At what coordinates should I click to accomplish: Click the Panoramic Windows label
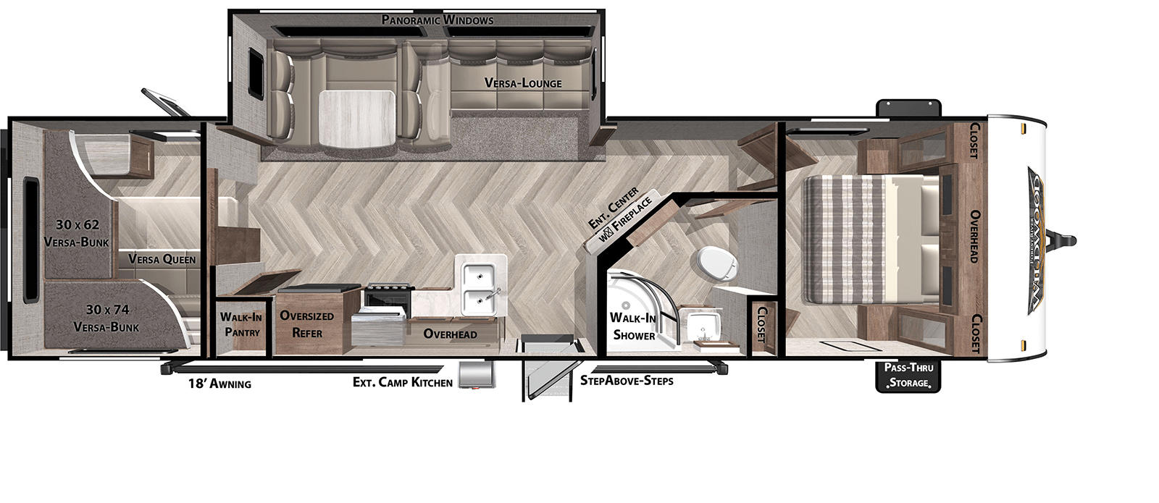(x=438, y=20)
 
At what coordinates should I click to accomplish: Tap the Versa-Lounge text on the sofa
(x=522, y=83)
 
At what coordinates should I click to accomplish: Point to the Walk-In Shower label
(x=633, y=326)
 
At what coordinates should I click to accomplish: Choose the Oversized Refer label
(x=307, y=324)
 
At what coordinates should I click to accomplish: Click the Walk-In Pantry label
(x=241, y=324)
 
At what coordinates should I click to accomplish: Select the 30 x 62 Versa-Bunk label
(x=76, y=233)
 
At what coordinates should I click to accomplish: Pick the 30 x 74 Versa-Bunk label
(x=106, y=318)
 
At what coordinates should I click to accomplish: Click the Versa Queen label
(x=162, y=259)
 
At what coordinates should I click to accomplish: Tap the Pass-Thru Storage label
(x=908, y=375)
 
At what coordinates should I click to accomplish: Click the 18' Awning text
(x=219, y=384)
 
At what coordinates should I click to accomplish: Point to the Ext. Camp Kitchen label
(x=402, y=382)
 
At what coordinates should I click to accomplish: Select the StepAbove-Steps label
(x=627, y=381)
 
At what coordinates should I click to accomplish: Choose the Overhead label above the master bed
(x=974, y=237)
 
